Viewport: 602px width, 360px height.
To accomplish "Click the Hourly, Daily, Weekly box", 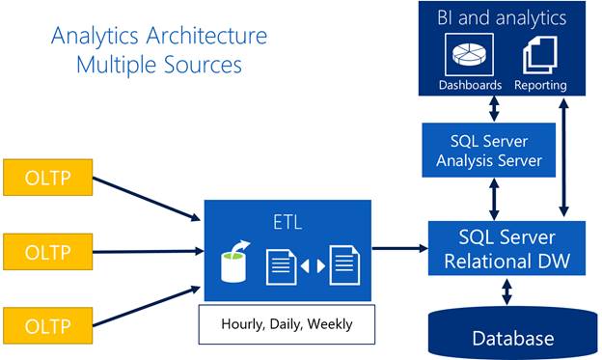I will click(x=287, y=324).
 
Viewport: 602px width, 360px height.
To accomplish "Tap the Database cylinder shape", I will click(x=513, y=334).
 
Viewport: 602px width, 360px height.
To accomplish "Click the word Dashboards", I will click(x=470, y=85).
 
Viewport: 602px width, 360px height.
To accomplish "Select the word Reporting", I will click(x=540, y=85).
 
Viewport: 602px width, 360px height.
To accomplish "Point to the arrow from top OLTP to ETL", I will click(x=145, y=199).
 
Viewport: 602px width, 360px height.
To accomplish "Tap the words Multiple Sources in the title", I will click(x=160, y=66).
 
